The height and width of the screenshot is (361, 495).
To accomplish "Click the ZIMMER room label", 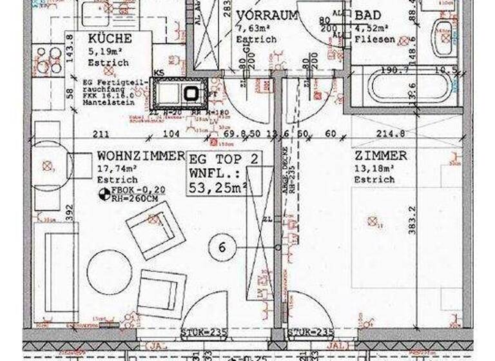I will [x=380, y=155].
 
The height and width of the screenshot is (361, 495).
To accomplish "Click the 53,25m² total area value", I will [x=218, y=187].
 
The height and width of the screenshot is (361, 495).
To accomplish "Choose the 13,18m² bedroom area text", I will [x=373, y=168].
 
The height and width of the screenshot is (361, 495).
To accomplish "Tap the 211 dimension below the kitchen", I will [x=101, y=134].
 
